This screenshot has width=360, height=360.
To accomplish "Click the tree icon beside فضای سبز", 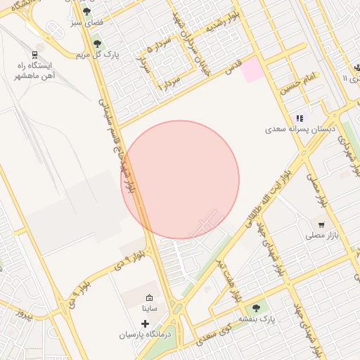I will (x=86, y=11).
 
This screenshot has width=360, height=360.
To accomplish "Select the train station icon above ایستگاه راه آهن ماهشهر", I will (x=35, y=54).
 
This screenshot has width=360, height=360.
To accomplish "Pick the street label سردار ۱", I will (x=171, y=83).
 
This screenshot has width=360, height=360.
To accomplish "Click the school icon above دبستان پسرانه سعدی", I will (x=300, y=118).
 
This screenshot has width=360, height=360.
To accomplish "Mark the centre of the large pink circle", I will (x=181, y=179).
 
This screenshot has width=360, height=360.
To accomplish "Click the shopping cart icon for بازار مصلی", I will (x=321, y=225).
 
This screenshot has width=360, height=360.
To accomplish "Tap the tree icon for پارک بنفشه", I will (x=255, y=307).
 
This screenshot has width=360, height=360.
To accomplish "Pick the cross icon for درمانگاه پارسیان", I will (x=145, y=324).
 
